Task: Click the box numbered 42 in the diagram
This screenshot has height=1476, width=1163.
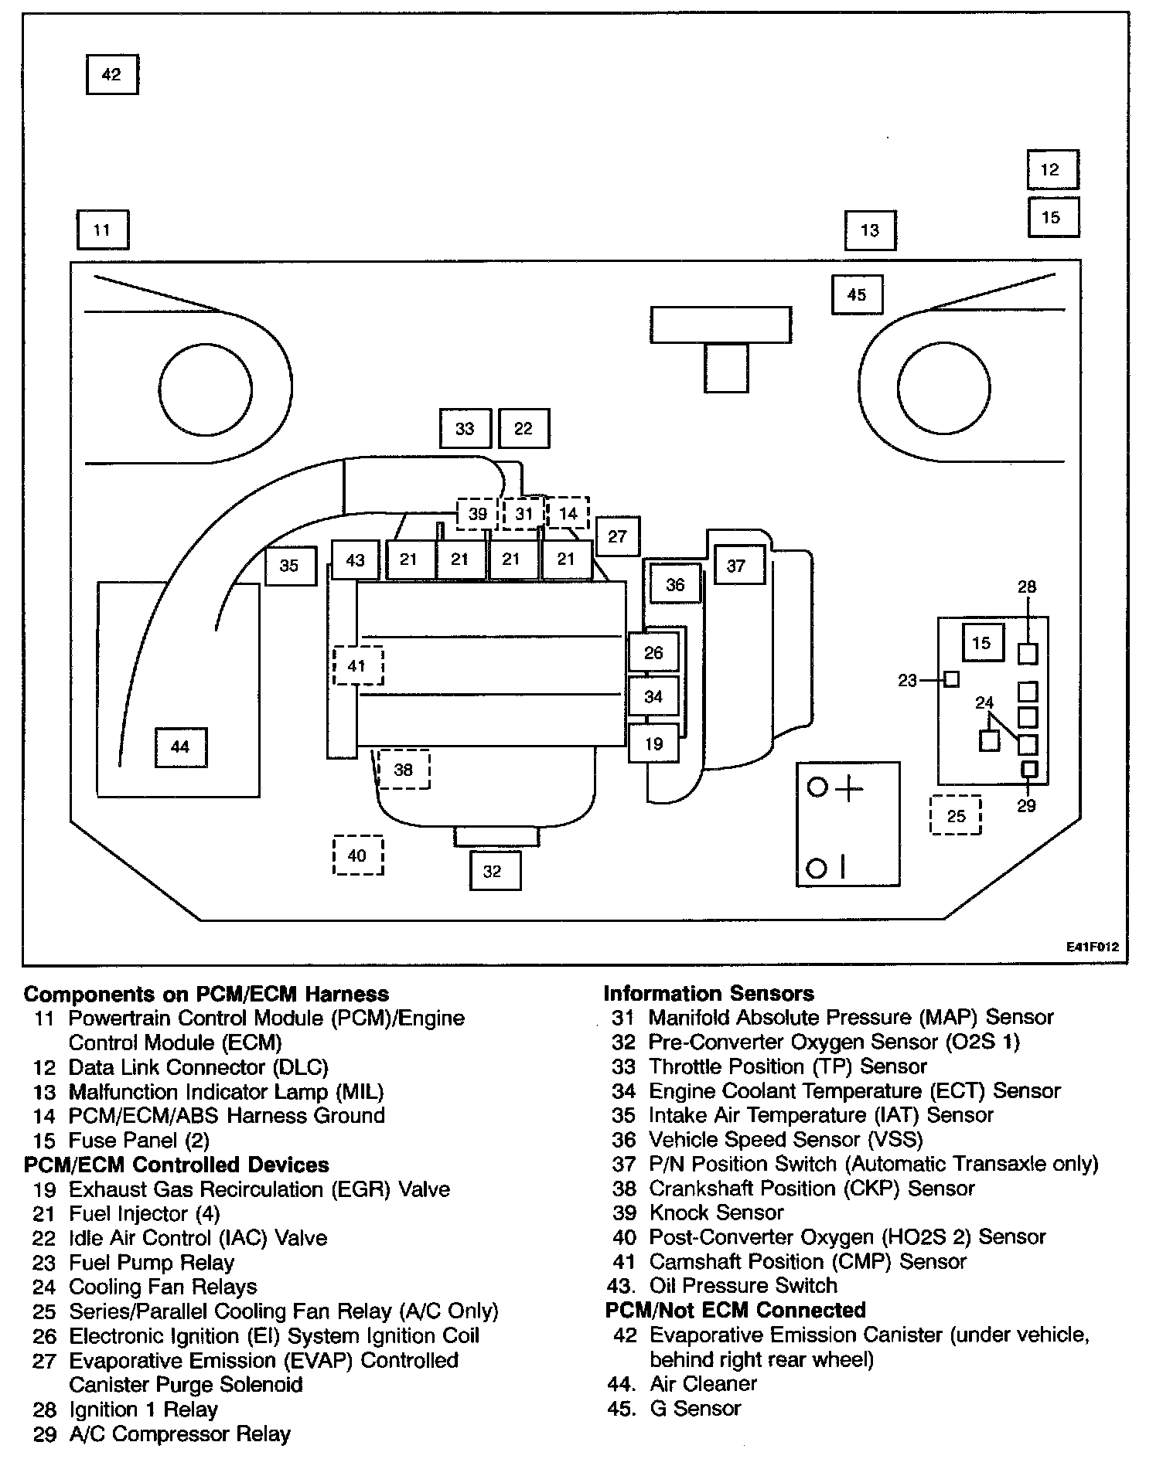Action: [x=111, y=74]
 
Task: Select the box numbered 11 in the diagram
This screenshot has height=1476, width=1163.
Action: [x=102, y=230]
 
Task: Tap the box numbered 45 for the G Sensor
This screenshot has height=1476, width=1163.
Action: [x=857, y=294]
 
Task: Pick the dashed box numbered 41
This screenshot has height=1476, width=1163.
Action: [x=357, y=665]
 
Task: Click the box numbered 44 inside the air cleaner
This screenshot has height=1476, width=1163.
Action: [x=180, y=747]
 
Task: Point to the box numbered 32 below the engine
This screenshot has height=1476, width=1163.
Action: [x=494, y=872]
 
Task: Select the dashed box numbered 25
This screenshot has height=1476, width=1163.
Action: [x=956, y=816]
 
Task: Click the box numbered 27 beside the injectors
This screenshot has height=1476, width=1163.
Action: [x=617, y=536]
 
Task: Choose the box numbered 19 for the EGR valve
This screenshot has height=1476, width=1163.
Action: [x=653, y=744]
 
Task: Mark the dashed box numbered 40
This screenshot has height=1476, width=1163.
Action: [x=357, y=855]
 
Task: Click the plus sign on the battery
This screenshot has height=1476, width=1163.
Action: [x=848, y=789]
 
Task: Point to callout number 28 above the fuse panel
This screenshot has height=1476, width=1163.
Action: [x=1027, y=587]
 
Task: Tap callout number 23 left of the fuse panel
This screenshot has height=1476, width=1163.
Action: [x=907, y=681]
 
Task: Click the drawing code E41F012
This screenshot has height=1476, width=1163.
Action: [x=1093, y=947]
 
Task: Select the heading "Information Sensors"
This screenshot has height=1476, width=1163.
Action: [x=708, y=993]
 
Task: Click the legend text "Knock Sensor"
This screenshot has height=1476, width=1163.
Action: [x=716, y=1212]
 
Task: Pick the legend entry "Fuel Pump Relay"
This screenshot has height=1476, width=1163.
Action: [x=152, y=1263]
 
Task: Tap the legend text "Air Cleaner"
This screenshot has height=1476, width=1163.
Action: [x=703, y=1383]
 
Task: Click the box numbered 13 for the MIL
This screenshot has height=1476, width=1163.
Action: [x=870, y=230]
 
